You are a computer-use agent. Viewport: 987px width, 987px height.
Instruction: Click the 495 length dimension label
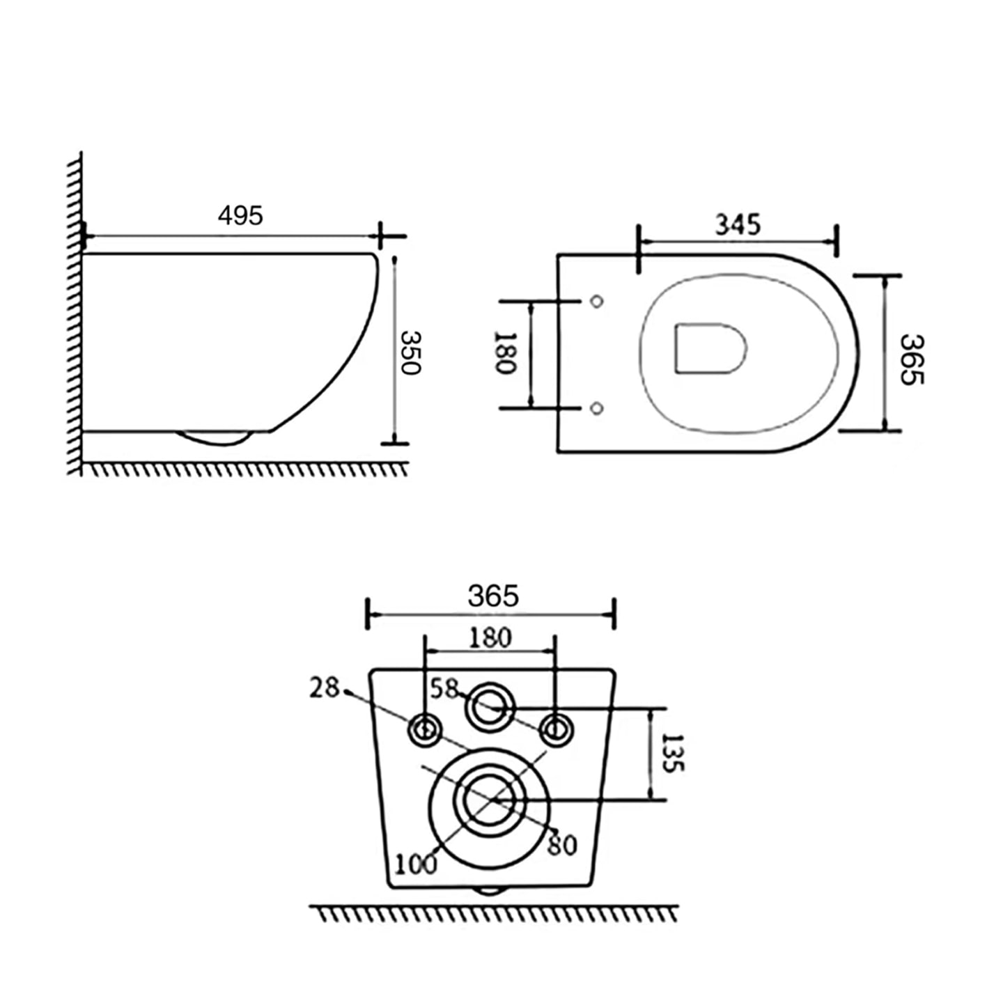click(x=240, y=215)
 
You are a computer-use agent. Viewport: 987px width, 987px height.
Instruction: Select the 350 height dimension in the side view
click(x=410, y=352)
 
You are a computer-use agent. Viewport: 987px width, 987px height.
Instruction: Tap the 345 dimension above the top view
click(x=738, y=224)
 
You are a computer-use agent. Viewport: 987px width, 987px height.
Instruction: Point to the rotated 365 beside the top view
click(x=911, y=359)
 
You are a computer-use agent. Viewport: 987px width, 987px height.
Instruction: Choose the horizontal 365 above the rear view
click(x=493, y=596)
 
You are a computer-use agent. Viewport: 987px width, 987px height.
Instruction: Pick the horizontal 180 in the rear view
click(x=490, y=637)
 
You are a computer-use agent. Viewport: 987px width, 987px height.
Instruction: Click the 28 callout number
click(x=325, y=688)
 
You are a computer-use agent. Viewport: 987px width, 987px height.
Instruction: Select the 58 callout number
click(x=444, y=688)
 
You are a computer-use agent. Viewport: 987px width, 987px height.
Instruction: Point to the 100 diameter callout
click(x=416, y=864)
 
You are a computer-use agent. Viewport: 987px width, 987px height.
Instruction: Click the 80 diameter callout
click(x=562, y=845)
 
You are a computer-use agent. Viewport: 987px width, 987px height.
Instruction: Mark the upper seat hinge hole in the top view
click(x=596, y=302)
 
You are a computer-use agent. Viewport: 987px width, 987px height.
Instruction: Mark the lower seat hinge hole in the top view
click(x=596, y=407)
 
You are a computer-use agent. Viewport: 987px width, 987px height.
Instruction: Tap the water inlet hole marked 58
click(x=490, y=708)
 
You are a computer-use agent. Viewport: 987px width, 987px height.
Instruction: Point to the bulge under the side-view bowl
click(x=215, y=437)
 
